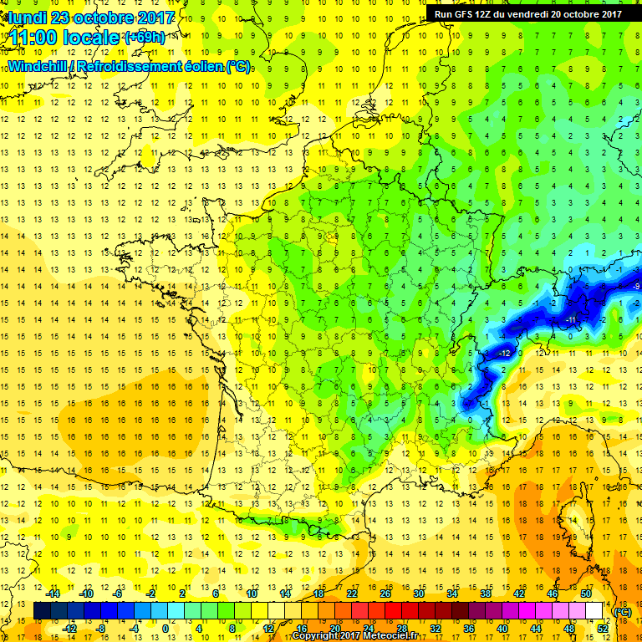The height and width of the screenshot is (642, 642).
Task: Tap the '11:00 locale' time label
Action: (x=62, y=38)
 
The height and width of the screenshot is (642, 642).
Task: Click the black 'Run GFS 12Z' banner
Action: (x=527, y=13)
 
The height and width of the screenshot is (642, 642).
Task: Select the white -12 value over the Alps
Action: (x=503, y=353)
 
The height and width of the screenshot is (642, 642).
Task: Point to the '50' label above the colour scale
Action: (x=585, y=593)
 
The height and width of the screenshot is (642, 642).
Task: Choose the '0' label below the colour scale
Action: (x=166, y=629)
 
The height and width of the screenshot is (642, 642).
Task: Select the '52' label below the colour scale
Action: (x=603, y=629)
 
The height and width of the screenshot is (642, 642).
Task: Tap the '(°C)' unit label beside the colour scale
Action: (x=623, y=611)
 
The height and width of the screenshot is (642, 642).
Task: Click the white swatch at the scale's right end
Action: (x=594, y=611)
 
